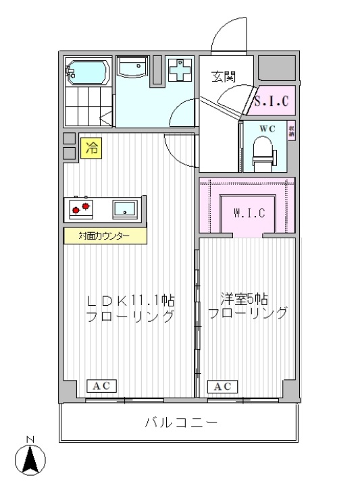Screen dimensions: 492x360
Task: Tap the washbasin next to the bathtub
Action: point(132,68)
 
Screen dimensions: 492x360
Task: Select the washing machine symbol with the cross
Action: point(180,69)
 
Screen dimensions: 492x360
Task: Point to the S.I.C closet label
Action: point(275,101)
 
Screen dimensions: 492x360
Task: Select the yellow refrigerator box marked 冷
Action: point(91,148)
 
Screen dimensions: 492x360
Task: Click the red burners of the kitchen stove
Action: point(80,209)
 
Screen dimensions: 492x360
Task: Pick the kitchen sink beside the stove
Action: point(125,209)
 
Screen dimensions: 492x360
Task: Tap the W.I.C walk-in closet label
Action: point(249,214)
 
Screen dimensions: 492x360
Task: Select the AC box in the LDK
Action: point(101,387)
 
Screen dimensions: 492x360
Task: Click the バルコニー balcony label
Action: point(181,423)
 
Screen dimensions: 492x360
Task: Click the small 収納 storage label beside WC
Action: point(291,130)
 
